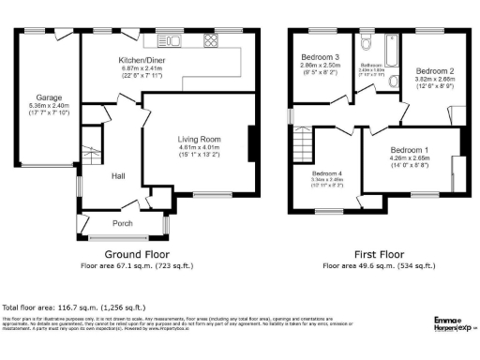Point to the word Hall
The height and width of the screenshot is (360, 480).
pyautogui.click(x=119, y=175)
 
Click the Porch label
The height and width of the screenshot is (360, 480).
pyautogui.click(x=123, y=223)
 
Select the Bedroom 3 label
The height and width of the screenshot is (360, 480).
pyautogui.click(x=321, y=58)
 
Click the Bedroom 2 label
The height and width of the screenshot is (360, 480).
pyautogui.click(x=435, y=71)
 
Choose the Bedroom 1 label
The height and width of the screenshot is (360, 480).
pyautogui.click(x=410, y=151)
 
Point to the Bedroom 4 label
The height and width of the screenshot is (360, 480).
pyautogui.click(x=327, y=173)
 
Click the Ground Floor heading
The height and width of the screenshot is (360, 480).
pyautogui.click(x=135, y=254)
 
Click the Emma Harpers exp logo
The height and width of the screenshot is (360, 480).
pyautogui.click(x=455, y=324)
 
